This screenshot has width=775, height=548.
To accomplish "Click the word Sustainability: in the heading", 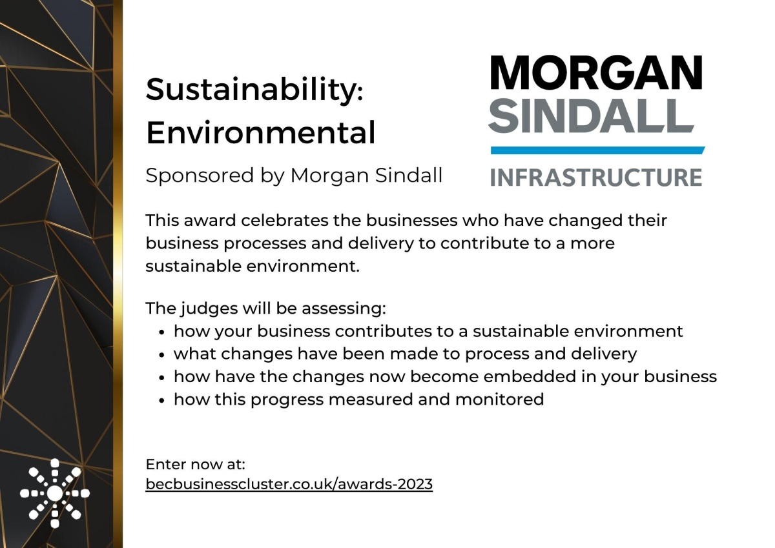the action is (x=254, y=90).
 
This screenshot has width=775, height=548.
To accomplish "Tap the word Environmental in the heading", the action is (x=260, y=133).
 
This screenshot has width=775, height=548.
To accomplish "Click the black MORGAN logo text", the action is (x=597, y=73).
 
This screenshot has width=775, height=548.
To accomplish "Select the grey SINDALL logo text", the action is (x=591, y=116).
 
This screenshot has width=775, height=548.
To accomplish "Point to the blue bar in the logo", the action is (x=597, y=150).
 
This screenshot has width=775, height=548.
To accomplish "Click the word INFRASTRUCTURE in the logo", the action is (x=596, y=178).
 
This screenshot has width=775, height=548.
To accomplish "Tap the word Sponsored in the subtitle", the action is (x=200, y=176).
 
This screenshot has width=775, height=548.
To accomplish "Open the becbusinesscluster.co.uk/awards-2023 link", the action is (x=289, y=484).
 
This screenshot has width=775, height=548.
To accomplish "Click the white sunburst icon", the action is (x=55, y=493).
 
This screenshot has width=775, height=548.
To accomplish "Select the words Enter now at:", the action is (x=196, y=464).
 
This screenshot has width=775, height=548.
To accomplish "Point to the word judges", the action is (x=209, y=309).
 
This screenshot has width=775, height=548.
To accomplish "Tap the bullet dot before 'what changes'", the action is (x=161, y=355).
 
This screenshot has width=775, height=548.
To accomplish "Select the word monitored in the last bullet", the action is (x=500, y=400).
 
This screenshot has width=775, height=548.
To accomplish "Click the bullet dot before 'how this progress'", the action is (x=161, y=400).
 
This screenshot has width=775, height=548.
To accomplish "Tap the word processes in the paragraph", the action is (x=265, y=244).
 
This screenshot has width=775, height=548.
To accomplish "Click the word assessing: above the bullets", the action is (x=344, y=309).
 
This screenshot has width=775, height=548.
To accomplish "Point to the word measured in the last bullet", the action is (x=371, y=400).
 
